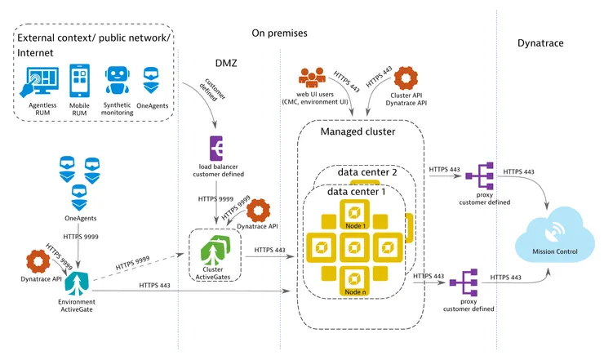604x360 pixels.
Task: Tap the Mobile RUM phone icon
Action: [x=78, y=81]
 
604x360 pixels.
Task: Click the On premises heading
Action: [x=280, y=33]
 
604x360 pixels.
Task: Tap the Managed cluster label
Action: [x=358, y=131]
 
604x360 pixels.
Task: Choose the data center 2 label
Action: [x=368, y=172]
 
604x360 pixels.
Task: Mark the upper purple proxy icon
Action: [x=473, y=174]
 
